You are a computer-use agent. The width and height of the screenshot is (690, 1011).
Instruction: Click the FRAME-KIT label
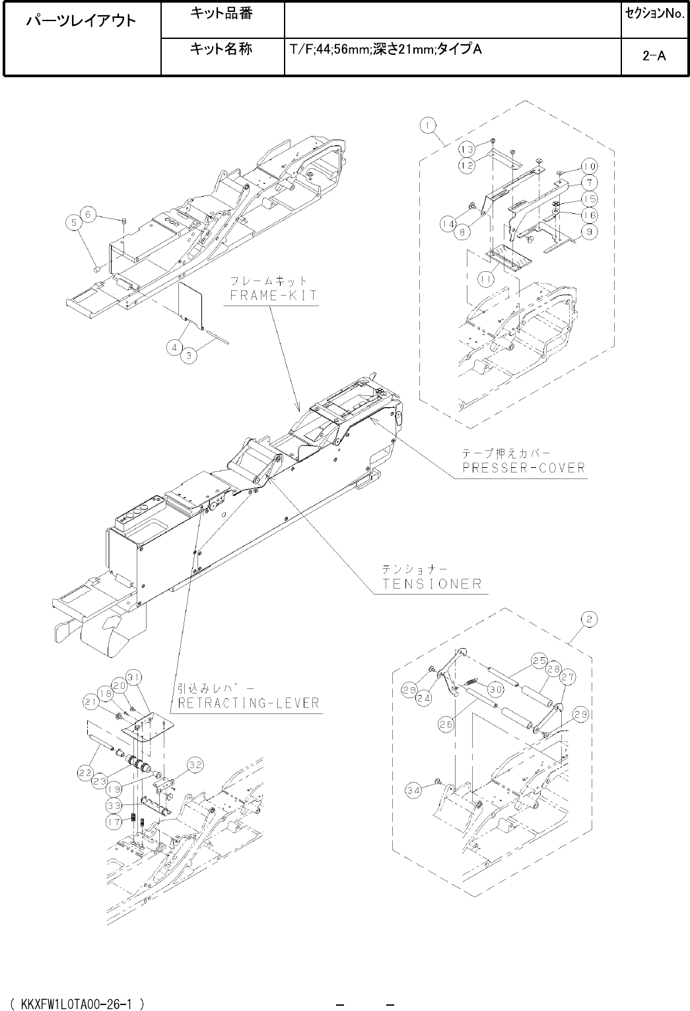[x=273, y=296]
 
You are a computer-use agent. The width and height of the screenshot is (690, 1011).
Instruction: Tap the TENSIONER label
[x=432, y=583]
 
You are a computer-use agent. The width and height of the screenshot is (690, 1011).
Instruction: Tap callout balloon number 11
[x=487, y=279]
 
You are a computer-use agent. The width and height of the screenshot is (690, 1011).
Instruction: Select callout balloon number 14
[x=449, y=224]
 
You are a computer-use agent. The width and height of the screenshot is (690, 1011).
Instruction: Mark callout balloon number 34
[x=414, y=791]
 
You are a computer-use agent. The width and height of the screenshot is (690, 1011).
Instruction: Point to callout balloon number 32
[x=195, y=765]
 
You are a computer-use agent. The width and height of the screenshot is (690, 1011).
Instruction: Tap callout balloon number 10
[x=589, y=166]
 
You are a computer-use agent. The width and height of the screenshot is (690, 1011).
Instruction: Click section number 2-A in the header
[x=654, y=56]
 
